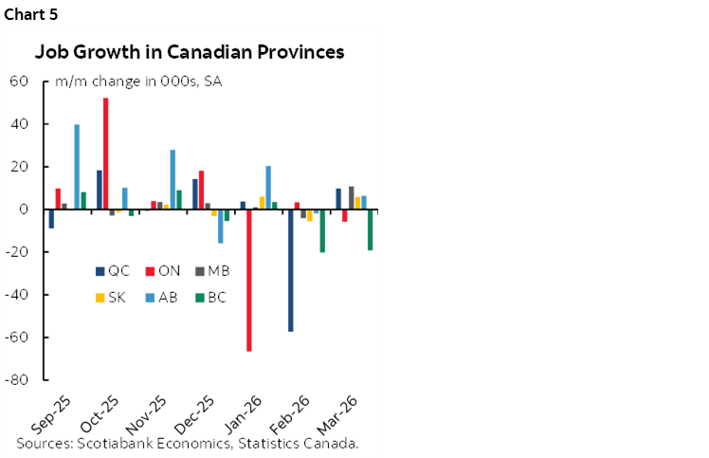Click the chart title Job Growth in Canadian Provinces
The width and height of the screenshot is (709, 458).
[190, 52]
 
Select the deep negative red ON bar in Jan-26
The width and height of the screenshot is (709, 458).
[248, 280]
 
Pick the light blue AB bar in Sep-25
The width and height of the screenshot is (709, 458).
[77, 167]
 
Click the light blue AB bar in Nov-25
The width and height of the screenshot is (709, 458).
[173, 179]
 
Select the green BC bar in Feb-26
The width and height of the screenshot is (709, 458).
[322, 230]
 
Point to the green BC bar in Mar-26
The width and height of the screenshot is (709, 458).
[370, 229]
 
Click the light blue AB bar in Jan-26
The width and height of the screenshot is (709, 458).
[268, 188]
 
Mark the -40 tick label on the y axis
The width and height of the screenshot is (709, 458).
[18, 295]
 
